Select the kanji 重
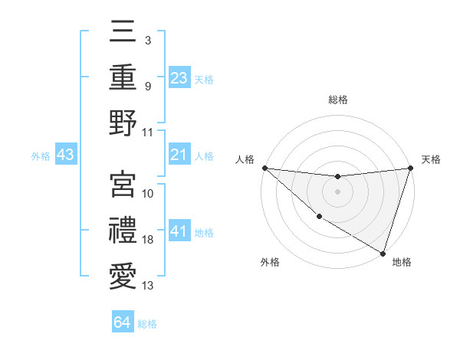point(123,77)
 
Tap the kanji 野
point(123,123)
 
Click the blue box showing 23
point(179,77)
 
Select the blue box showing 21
point(179,155)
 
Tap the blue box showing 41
point(179,231)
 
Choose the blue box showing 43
point(65,155)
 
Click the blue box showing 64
point(123,322)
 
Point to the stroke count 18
point(148,240)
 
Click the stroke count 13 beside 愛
point(148,286)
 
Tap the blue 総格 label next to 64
point(147,324)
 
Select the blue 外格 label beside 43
point(41,155)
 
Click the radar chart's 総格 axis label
point(337,100)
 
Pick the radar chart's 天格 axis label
point(431,159)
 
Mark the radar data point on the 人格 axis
point(264,168)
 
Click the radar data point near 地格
point(383,253)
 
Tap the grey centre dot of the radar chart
point(337,191)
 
